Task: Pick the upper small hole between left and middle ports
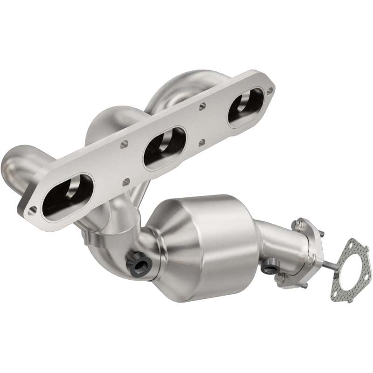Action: [x=124, y=144]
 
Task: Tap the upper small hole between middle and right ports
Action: [x=202, y=106]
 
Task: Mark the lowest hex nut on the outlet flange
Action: [x=281, y=280]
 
